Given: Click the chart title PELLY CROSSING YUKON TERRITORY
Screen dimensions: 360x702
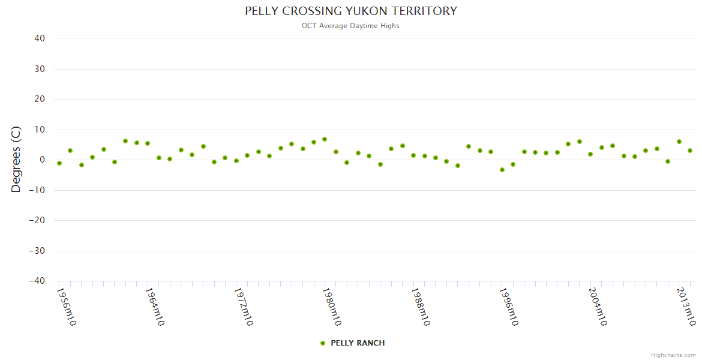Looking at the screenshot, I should click(x=351, y=11).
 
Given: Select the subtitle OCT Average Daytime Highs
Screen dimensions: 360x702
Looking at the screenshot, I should click(x=351, y=26).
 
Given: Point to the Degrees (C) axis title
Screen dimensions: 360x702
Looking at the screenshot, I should click(x=16, y=159).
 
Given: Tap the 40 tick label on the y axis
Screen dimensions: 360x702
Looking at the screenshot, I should click(x=40, y=38).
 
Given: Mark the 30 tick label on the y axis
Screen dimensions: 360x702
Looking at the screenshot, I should click(x=40, y=69).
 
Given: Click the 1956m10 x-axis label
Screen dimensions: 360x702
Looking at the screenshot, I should click(x=66, y=307).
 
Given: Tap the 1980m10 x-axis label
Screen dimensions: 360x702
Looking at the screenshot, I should click(x=332, y=307).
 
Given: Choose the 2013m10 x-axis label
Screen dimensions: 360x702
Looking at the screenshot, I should click(x=686, y=307).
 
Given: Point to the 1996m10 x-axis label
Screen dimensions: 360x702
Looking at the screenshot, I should click(x=509, y=307).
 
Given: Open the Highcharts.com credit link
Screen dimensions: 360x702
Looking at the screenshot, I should click(x=673, y=355).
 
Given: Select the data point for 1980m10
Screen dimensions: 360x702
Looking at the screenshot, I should click(x=325, y=139).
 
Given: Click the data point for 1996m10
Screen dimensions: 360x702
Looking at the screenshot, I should click(x=502, y=170).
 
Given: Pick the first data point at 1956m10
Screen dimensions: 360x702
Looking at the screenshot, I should click(x=59, y=163).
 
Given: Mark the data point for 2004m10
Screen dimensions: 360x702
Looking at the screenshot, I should click(x=590, y=154).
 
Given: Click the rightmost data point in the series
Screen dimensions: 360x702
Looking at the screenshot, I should click(x=690, y=151).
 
